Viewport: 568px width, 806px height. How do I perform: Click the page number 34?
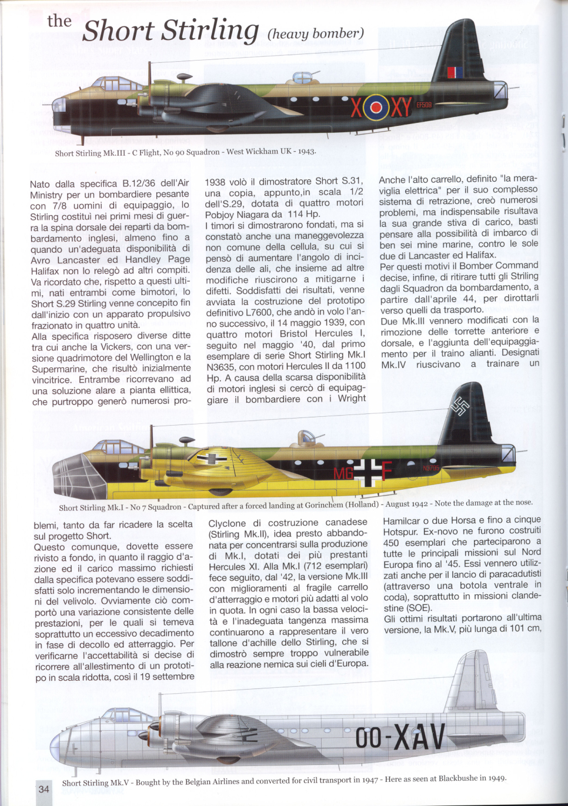(44, 789)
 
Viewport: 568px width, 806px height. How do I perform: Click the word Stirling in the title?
(211, 31)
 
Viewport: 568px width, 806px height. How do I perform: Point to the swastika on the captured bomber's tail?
(459, 406)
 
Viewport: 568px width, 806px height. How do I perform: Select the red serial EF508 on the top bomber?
(424, 105)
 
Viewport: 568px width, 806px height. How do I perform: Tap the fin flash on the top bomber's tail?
(455, 72)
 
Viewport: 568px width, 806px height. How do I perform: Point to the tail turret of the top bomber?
(500, 90)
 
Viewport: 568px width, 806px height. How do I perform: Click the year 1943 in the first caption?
(306, 151)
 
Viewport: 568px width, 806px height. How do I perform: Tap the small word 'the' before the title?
(59, 21)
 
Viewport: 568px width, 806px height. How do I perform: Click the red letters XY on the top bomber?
(401, 108)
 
